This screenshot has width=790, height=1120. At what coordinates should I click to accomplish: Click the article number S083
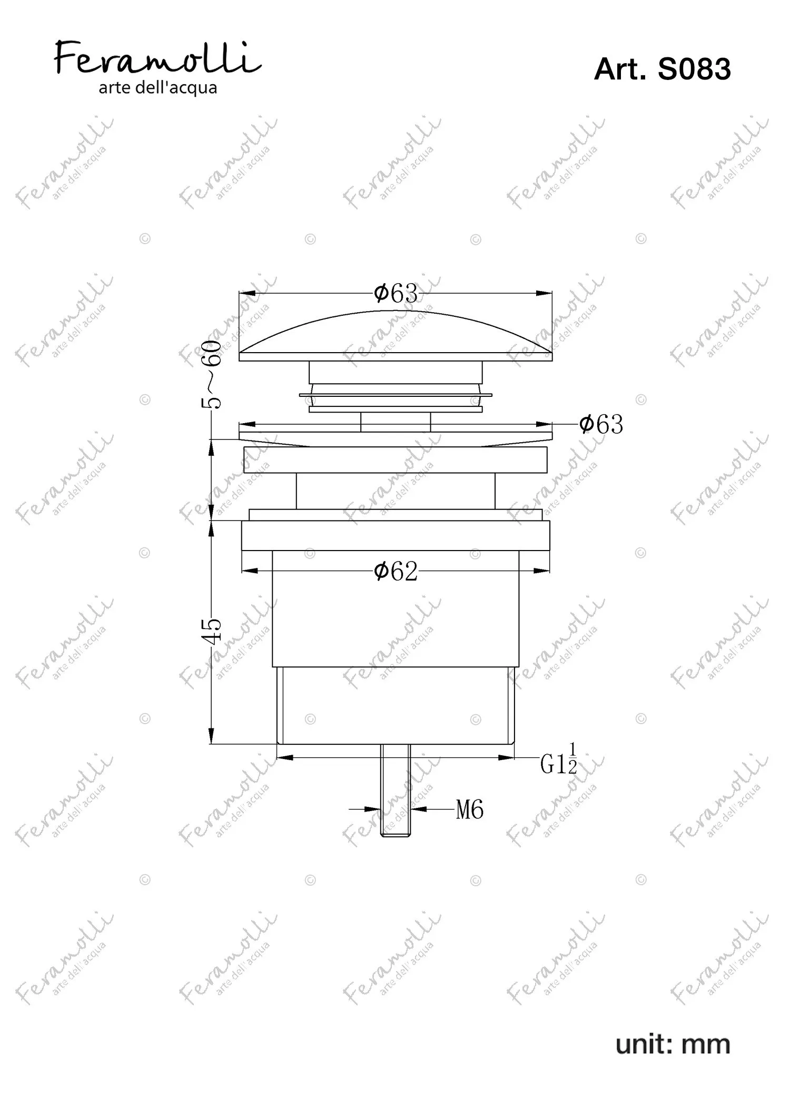pos(695,69)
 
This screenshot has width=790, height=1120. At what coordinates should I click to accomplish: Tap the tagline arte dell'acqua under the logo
pos(158,88)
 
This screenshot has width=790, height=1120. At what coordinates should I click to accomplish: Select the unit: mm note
pos(673,1044)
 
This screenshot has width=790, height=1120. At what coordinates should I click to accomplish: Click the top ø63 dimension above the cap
pos(396,293)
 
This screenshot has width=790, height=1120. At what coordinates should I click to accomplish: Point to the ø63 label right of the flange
pos(601,424)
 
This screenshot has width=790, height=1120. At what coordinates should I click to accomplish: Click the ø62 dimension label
pos(396,571)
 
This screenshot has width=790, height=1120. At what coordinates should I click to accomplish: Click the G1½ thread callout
pos(559,759)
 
